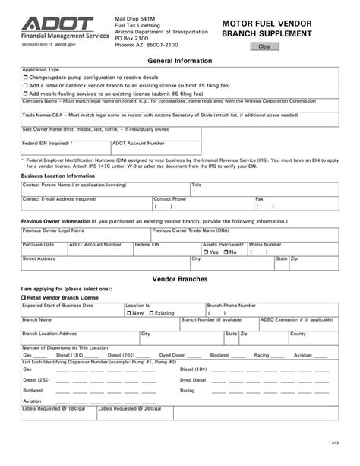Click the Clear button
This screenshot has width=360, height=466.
point(264,46)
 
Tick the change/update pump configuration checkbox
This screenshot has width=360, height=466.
point(25,78)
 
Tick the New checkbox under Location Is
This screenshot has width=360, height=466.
point(129,312)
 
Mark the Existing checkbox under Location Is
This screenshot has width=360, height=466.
point(151,312)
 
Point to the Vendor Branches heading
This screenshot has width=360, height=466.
point(179,279)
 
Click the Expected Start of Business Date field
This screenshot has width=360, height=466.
point(72,312)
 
